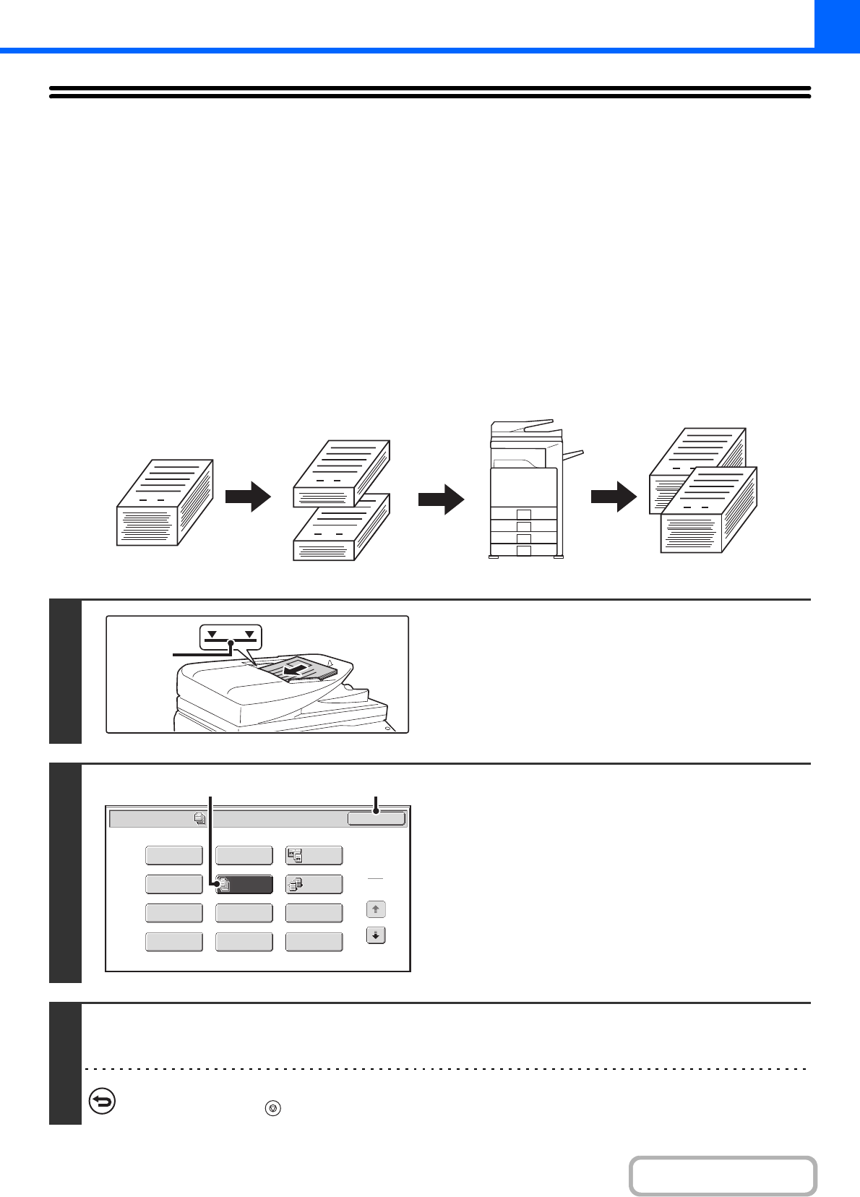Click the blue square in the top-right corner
click(x=837, y=24)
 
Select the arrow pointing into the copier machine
click(x=441, y=499)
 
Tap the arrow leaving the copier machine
click(x=614, y=497)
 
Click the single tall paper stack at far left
click(x=164, y=503)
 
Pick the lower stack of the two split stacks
click(x=341, y=528)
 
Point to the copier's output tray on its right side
click(x=572, y=455)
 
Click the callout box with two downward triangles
click(x=230, y=637)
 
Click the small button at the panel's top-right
click(x=376, y=818)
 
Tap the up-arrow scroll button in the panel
click(x=376, y=909)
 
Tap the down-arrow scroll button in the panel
click(x=376, y=935)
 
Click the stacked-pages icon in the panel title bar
click(x=200, y=819)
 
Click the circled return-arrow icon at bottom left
click(x=102, y=1102)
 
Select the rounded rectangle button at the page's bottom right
click(x=723, y=1176)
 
